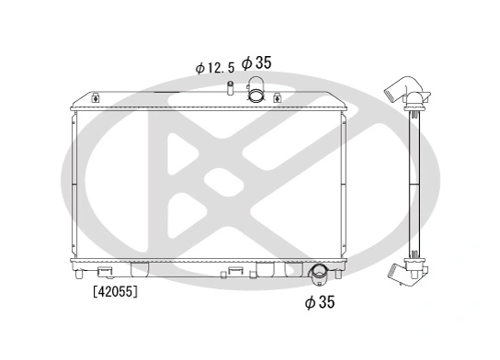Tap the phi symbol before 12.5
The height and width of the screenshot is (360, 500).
coord(200,68)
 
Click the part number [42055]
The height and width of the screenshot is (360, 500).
coord(116,293)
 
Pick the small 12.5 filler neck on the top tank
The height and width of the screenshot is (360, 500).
coord(231,89)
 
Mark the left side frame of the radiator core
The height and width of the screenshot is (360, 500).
coord(74,184)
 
